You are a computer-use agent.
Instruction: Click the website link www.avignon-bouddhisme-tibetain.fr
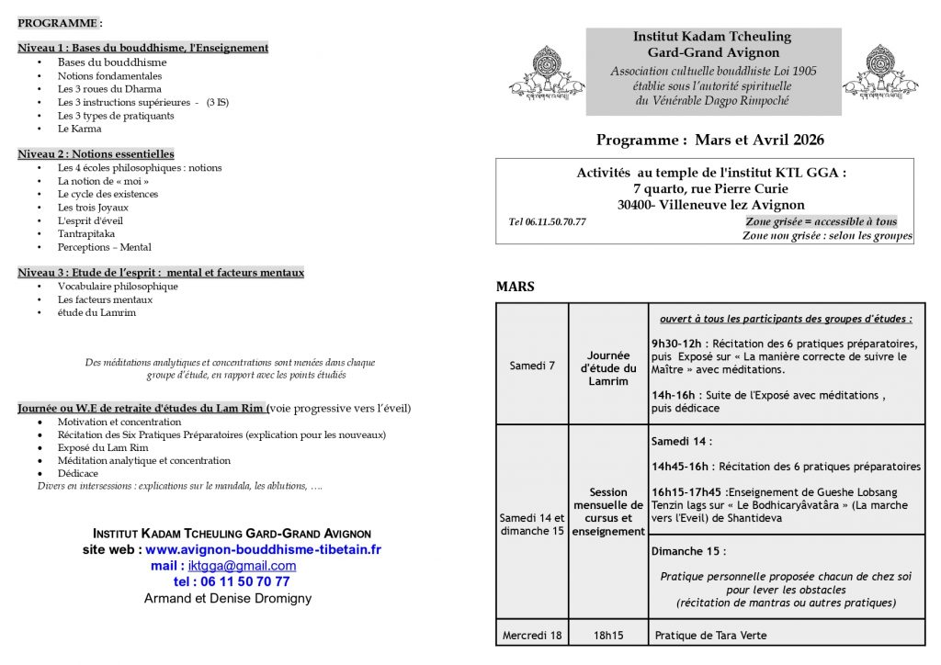pos(263,549)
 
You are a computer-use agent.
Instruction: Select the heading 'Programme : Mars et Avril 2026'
pos(709,140)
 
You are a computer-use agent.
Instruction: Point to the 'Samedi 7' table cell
pos(532,366)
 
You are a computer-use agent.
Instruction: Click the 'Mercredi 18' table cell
pos(532,635)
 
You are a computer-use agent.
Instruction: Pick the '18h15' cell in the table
pos(608,635)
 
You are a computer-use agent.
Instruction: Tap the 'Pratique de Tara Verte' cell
pos(710,635)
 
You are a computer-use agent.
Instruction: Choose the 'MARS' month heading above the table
pos(515,287)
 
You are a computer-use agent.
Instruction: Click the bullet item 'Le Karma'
pos(79,129)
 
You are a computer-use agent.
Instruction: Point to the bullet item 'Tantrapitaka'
pos(85,233)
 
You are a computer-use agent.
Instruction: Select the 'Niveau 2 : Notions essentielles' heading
pos(96,153)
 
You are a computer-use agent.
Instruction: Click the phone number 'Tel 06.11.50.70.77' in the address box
pos(547,221)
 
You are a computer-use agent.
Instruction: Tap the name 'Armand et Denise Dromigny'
pos(228,598)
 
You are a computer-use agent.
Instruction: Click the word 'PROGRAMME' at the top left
pos(58,22)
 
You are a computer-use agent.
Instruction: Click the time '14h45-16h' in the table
pos(682,466)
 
